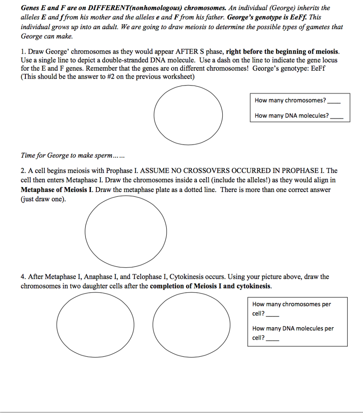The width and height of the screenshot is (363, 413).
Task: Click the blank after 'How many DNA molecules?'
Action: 338,116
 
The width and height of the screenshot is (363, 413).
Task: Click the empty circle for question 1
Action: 188,111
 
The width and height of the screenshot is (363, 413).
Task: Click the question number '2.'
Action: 23,171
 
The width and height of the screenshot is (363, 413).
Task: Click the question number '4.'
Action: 23,277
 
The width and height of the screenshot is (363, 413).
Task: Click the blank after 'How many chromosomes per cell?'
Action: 273,314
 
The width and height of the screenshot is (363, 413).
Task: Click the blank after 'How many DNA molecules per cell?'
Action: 273,338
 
